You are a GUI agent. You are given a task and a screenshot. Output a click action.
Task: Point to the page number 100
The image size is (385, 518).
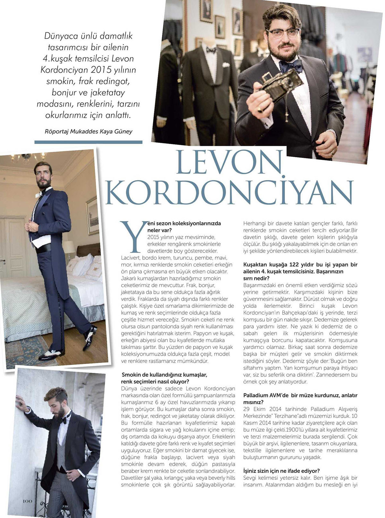point(28,501)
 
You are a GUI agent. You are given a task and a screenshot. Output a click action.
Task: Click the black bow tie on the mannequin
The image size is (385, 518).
point(211,50)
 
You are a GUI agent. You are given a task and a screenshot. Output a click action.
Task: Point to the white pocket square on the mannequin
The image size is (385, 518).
point(226,65)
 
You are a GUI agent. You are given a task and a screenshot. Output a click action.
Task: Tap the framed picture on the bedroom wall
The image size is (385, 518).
point(92,216)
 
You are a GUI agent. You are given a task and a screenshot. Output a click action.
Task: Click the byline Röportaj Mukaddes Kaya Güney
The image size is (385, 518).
point(88,131)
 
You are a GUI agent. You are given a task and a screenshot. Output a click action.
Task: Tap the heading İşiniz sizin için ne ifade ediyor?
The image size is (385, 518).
point(281,471)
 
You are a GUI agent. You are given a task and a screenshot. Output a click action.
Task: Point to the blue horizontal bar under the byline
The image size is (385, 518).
point(88,142)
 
